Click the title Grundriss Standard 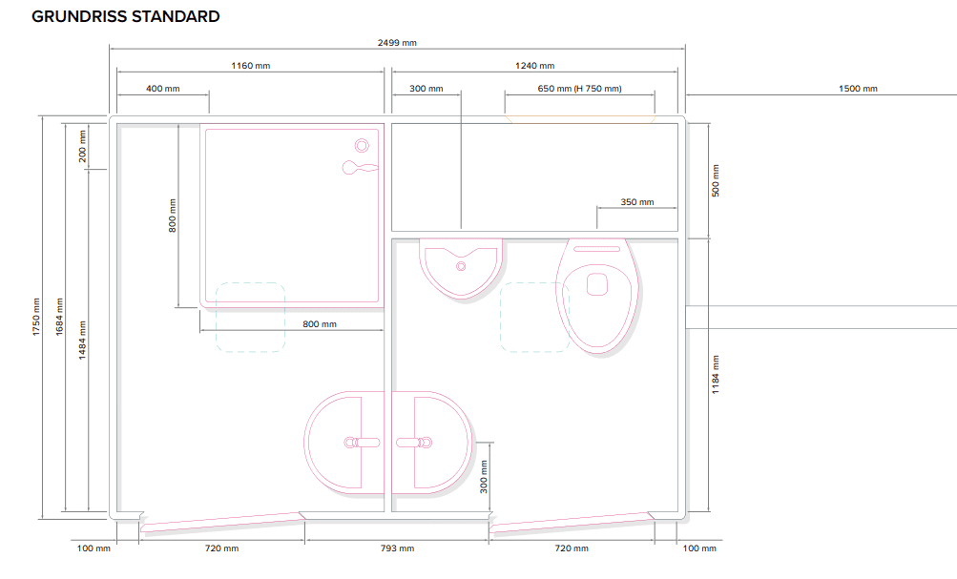click(x=126, y=16)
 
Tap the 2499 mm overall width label click(x=397, y=43)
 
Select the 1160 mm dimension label click(x=250, y=66)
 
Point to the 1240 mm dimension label click(x=534, y=66)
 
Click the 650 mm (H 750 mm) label click(x=580, y=89)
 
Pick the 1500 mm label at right click(x=858, y=89)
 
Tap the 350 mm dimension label click(x=637, y=202)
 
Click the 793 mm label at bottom click(x=397, y=548)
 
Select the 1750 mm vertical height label click(x=36, y=317)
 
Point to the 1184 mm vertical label click(x=716, y=375)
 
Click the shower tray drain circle click(x=362, y=146)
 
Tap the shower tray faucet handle click(x=360, y=167)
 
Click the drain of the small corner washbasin click(x=461, y=266)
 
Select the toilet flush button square click(x=597, y=284)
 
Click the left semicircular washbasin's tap click(x=362, y=443)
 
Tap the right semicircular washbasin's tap click(x=414, y=443)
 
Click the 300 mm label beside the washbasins click(x=484, y=477)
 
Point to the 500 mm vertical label click(x=716, y=180)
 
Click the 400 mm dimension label click(x=163, y=89)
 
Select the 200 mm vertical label click(x=82, y=147)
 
